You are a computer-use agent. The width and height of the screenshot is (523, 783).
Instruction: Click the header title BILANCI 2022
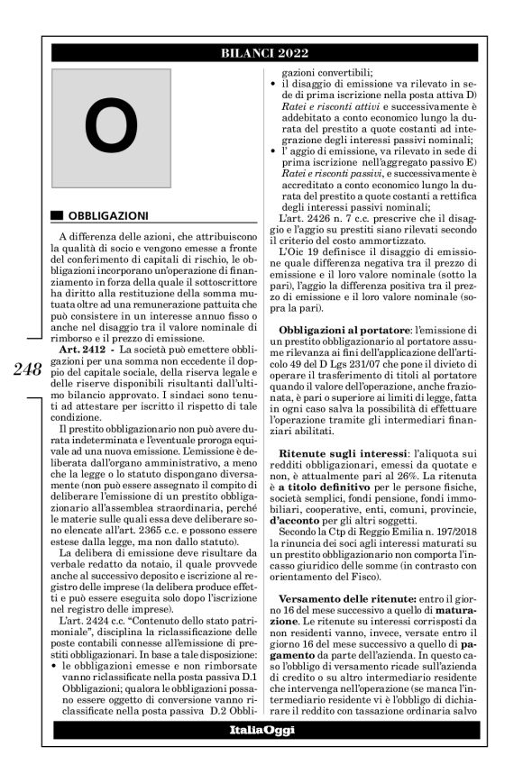(x=261, y=54)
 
